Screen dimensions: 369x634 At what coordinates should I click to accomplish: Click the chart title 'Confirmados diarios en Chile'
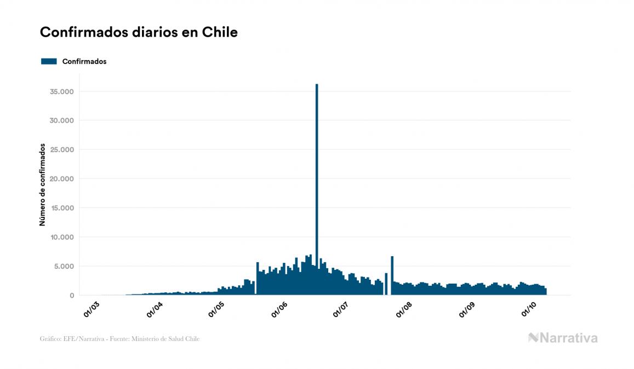pyautogui.click(x=139, y=32)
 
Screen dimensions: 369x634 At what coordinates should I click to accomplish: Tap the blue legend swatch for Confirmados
pyautogui.click(x=49, y=61)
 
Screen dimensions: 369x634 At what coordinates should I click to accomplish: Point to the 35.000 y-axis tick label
pyautogui.click(x=62, y=91)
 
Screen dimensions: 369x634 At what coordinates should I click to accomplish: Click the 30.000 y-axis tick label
pyautogui.click(x=62, y=120)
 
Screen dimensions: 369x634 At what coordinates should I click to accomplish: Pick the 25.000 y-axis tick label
pyautogui.click(x=62, y=149)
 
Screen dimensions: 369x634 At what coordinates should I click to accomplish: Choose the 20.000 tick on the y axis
pyautogui.click(x=62, y=179)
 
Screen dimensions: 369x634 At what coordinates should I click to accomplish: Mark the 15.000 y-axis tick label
pyautogui.click(x=62, y=208)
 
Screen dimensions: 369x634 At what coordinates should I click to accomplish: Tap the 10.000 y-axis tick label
pyautogui.click(x=62, y=237)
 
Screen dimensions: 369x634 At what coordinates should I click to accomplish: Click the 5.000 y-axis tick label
pyautogui.click(x=64, y=267)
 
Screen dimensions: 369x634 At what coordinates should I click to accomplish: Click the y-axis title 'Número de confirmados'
pyautogui.click(x=42, y=184)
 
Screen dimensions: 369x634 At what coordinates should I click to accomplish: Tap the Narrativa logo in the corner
pyautogui.click(x=563, y=338)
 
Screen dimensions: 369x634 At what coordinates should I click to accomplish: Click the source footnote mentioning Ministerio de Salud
pyautogui.click(x=119, y=339)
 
